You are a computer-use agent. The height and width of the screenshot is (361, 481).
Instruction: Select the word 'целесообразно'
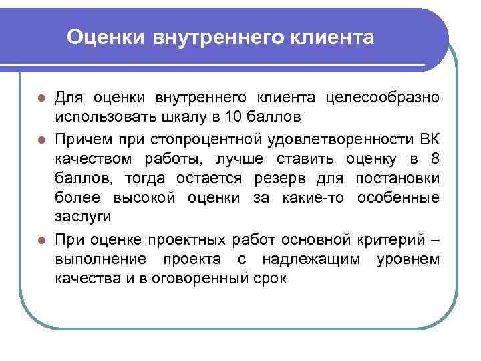[383, 98]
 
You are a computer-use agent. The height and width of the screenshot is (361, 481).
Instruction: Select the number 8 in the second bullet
[434, 159]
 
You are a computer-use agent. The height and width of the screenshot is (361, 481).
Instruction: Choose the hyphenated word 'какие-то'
[316, 198]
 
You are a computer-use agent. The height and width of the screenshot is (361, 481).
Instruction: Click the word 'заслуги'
[82, 217]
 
